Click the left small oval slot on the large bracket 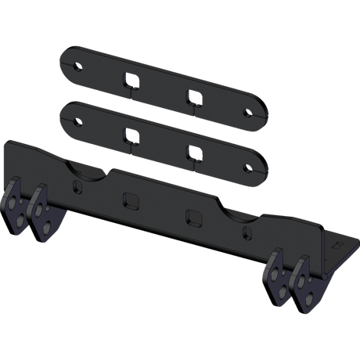[x=75, y=187]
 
